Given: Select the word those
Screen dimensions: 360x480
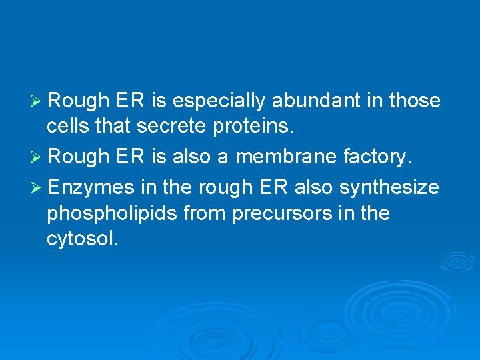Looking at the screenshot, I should pos(415,101).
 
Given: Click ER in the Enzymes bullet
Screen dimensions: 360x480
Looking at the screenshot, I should pos(271,188).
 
